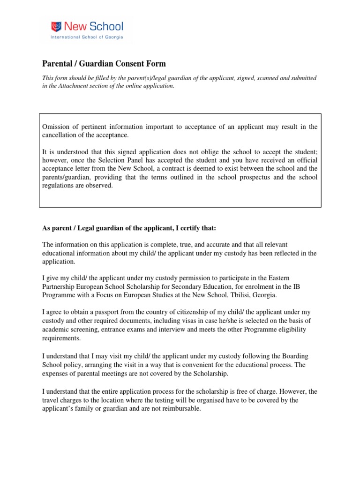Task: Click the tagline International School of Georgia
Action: (87, 36)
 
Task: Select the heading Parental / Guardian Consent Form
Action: (104, 64)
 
